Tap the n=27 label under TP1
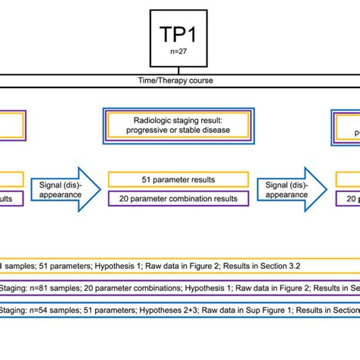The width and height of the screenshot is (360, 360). pos(178,53)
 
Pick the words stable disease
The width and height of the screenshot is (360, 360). pos(207,130)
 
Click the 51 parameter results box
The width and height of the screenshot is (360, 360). pos(178,179)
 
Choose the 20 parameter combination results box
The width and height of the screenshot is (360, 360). pos(178,199)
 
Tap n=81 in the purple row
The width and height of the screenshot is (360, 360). pos(43,289)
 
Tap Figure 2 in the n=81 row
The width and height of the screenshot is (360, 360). pos(285,289)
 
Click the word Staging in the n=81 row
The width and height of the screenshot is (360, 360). pos(12,289)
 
